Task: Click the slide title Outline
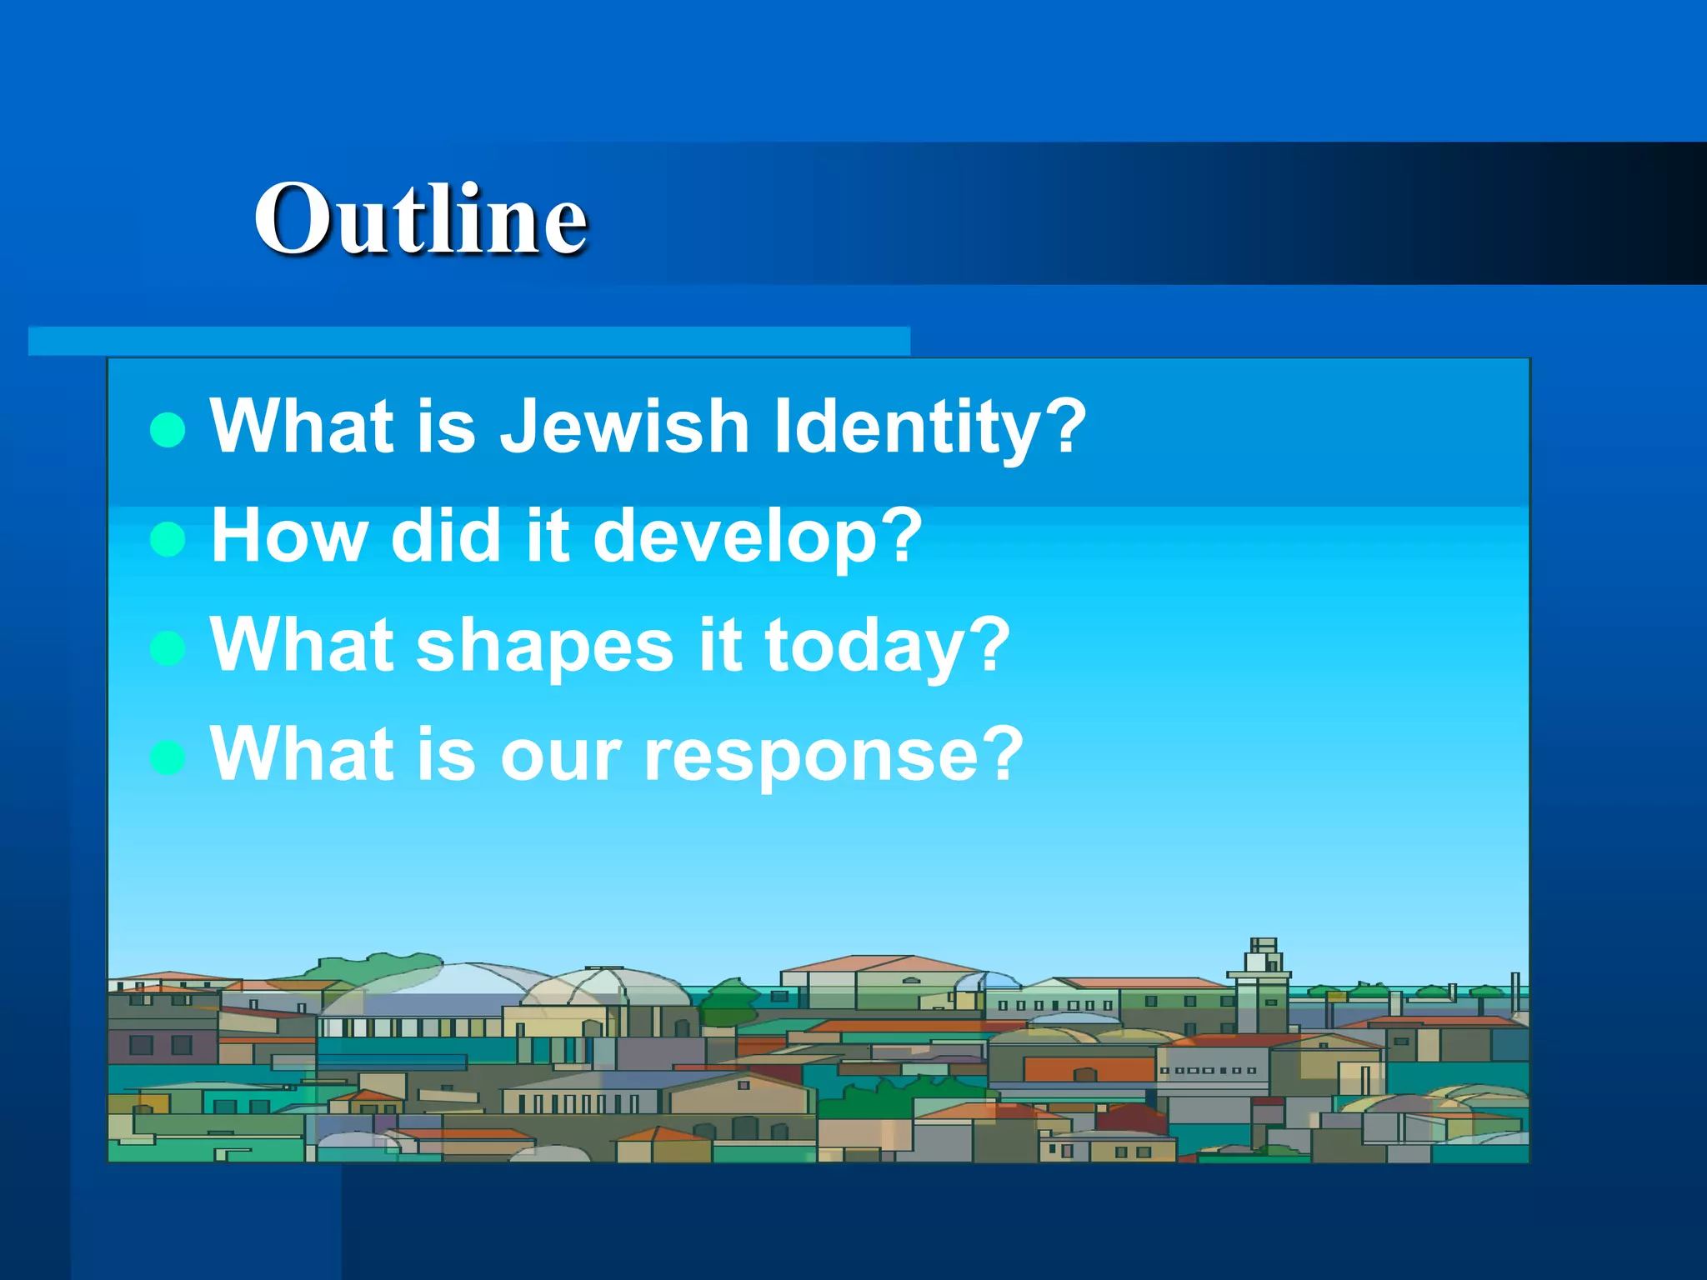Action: pyautogui.click(x=421, y=218)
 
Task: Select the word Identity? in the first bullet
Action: pyautogui.click(x=929, y=426)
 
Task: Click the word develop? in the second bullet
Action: pyautogui.click(x=757, y=536)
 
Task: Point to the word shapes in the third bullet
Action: pyautogui.click(x=544, y=646)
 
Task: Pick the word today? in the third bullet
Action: pyautogui.click(x=887, y=646)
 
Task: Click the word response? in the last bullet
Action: pyautogui.click(x=833, y=754)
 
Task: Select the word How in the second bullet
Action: pyautogui.click(x=288, y=536)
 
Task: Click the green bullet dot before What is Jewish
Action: pyautogui.click(x=168, y=430)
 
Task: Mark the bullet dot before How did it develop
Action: pyautogui.click(x=168, y=539)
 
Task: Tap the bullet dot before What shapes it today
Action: pyautogui.click(x=168, y=648)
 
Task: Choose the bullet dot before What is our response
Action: pyautogui.click(x=168, y=757)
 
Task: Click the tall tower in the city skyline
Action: pyautogui.click(x=1262, y=983)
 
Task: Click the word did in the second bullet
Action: pyautogui.click(x=444, y=536)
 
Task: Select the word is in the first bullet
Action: pyautogui.click(x=446, y=426)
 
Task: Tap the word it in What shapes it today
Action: pyautogui.click(x=719, y=646)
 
